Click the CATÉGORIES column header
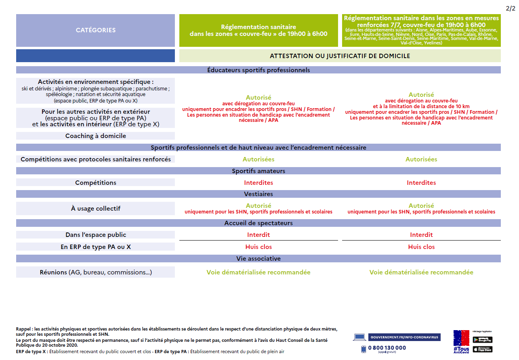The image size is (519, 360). (95, 30)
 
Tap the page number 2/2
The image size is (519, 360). (511, 8)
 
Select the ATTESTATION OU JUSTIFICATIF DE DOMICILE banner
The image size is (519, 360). (340, 56)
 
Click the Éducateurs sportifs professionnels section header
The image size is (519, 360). (258, 70)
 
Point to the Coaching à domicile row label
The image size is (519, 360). (96, 136)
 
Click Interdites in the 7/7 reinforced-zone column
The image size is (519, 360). (421, 183)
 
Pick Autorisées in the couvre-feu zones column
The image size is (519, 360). (258, 159)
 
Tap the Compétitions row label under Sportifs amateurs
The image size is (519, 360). (96, 183)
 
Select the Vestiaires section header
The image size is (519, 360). (258, 194)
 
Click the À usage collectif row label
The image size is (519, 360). (96, 209)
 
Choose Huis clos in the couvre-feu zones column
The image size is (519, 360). (258, 247)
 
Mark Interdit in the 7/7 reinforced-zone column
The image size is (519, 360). (421, 235)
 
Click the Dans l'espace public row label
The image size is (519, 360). (96, 235)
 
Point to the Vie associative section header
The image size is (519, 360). (258, 259)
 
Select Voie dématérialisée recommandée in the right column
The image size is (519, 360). (421, 272)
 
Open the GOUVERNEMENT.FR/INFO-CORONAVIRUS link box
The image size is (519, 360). (404, 337)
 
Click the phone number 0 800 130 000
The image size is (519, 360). (387, 348)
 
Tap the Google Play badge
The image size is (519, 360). (483, 340)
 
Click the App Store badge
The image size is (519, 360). (483, 349)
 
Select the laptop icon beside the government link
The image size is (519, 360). (359, 337)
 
